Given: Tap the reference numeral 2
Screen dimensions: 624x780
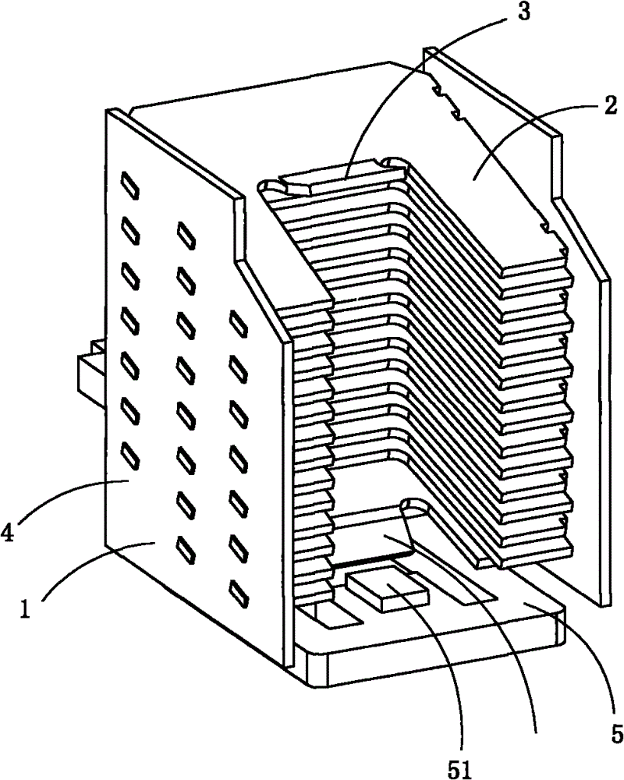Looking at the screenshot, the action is [x=609, y=105].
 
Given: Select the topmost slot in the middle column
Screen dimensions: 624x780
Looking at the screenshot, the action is [x=186, y=234].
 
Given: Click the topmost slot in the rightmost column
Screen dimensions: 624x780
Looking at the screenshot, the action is [x=239, y=322].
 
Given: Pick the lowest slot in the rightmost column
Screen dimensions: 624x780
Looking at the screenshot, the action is [x=239, y=593].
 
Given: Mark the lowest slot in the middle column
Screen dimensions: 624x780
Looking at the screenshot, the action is [x=186, y=546].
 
